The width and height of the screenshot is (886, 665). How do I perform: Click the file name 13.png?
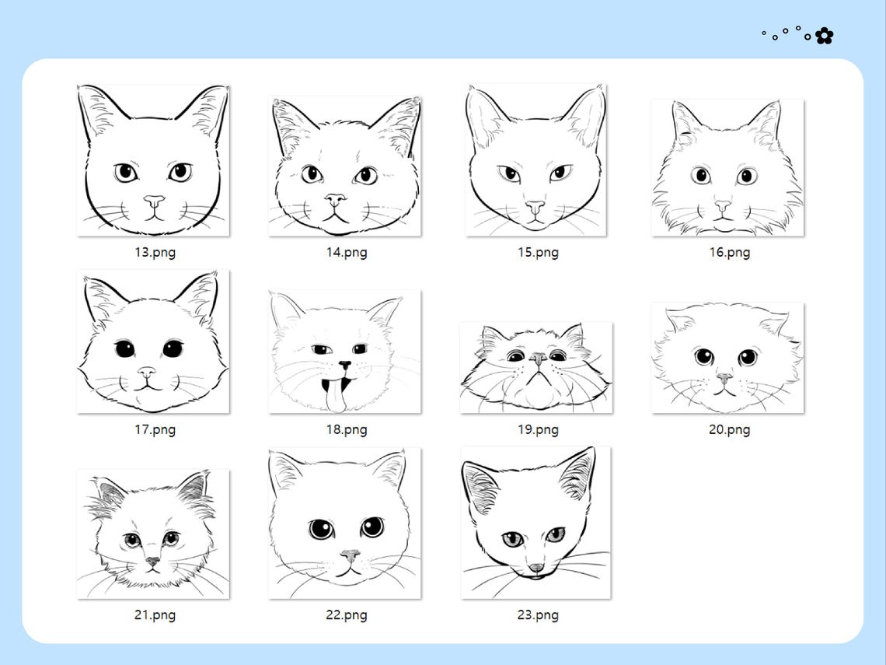[x=155, y=252]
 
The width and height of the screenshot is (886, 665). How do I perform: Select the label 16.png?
[x=729, y=252]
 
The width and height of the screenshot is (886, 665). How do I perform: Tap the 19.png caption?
[x=538, y=429]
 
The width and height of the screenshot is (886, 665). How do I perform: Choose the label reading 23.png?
[x=538, y=614]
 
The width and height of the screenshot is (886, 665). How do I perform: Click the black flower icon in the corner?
[x=824, y=36]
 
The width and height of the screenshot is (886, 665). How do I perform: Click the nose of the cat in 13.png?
[x=154, y=200]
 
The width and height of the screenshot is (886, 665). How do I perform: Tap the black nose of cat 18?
[x=344, y=365]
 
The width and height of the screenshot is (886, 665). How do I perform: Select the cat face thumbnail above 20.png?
[x=727, y=358]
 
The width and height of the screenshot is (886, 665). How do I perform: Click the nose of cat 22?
[x=351, y=555]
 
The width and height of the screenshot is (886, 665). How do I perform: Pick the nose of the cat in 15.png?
[x=535, y=206]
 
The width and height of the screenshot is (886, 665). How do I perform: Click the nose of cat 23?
[x=536, y=568]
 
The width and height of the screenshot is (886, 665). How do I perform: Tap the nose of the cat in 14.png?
[x=335, y=199]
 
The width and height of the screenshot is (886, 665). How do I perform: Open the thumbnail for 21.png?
[x=153, y=534]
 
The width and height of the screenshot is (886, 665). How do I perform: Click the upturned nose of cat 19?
[x=538, y=359]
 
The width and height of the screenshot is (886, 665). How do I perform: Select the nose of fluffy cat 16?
[x=723, y=206]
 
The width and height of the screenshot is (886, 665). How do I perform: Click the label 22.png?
[x=346, y=614]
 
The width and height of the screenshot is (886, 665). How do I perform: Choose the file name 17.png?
[x=155, y=429]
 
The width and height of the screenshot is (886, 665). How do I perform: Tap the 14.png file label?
[x=346, y=252]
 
